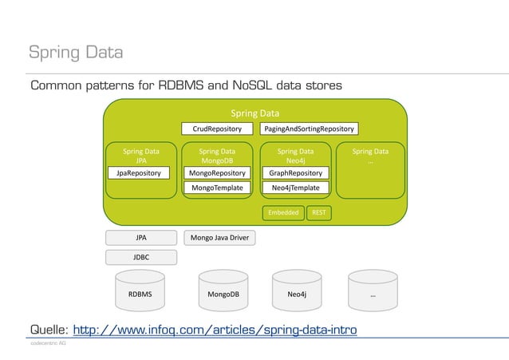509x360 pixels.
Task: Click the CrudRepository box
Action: tap(217, 129)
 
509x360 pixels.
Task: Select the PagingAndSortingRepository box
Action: tap(310, 129)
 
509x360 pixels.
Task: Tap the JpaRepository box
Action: tap(139, 172)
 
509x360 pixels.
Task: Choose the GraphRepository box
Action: tap(295, 172)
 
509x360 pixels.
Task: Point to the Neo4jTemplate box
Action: tap(295, 188)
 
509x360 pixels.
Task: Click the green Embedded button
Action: tap(283, 212)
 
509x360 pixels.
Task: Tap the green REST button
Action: tap(319, 212)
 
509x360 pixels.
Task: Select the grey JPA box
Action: tap(140, 237)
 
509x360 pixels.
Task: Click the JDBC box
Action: tap(140, 257)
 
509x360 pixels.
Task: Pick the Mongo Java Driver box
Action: tap(217, 237)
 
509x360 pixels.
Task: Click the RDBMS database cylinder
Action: tap(140, 294)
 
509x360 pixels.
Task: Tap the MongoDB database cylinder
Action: tap(223, 294)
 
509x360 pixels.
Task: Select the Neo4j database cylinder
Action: tap(297, 294)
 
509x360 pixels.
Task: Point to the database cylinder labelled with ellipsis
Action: tap(373, 294)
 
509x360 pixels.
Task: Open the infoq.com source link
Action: tap(215, 330)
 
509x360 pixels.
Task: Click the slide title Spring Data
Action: tap(76, 53)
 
